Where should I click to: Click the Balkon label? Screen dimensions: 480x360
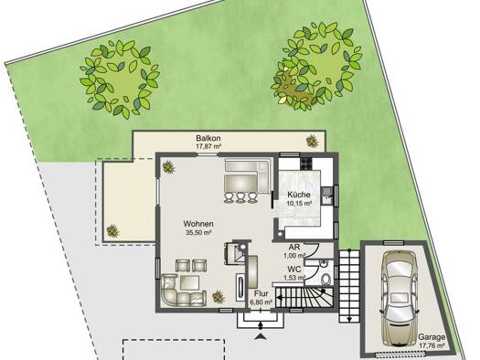tap(208, 138)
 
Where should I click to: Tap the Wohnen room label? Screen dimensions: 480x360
tap(198, 224)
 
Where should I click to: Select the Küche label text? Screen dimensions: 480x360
tap(299, 195)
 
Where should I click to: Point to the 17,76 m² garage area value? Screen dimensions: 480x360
tap(432, 345)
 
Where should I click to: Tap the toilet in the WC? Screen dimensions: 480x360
tap(326, 279)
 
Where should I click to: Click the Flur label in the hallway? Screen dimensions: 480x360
tap(261, 293)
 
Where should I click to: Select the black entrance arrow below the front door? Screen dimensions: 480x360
tap(261, 336)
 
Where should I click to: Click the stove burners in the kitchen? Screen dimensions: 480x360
tap(306, 163)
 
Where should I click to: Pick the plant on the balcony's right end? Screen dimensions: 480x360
tap(313, 141)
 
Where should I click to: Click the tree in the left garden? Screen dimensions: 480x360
tap(120, 79)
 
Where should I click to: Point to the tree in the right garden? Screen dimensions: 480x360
tap(316, 67)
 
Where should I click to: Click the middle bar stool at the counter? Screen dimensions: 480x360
tap(240, 197)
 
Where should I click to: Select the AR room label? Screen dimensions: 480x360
tap(294, 247)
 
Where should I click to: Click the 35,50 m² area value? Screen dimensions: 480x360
tap(198, 232)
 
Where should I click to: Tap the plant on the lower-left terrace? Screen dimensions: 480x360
tap(112, 231)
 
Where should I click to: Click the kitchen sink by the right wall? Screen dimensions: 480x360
tap(326, 196)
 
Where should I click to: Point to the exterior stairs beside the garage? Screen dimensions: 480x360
tap(349, 286)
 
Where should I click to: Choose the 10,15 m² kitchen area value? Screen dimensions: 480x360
tap(299, 203)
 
